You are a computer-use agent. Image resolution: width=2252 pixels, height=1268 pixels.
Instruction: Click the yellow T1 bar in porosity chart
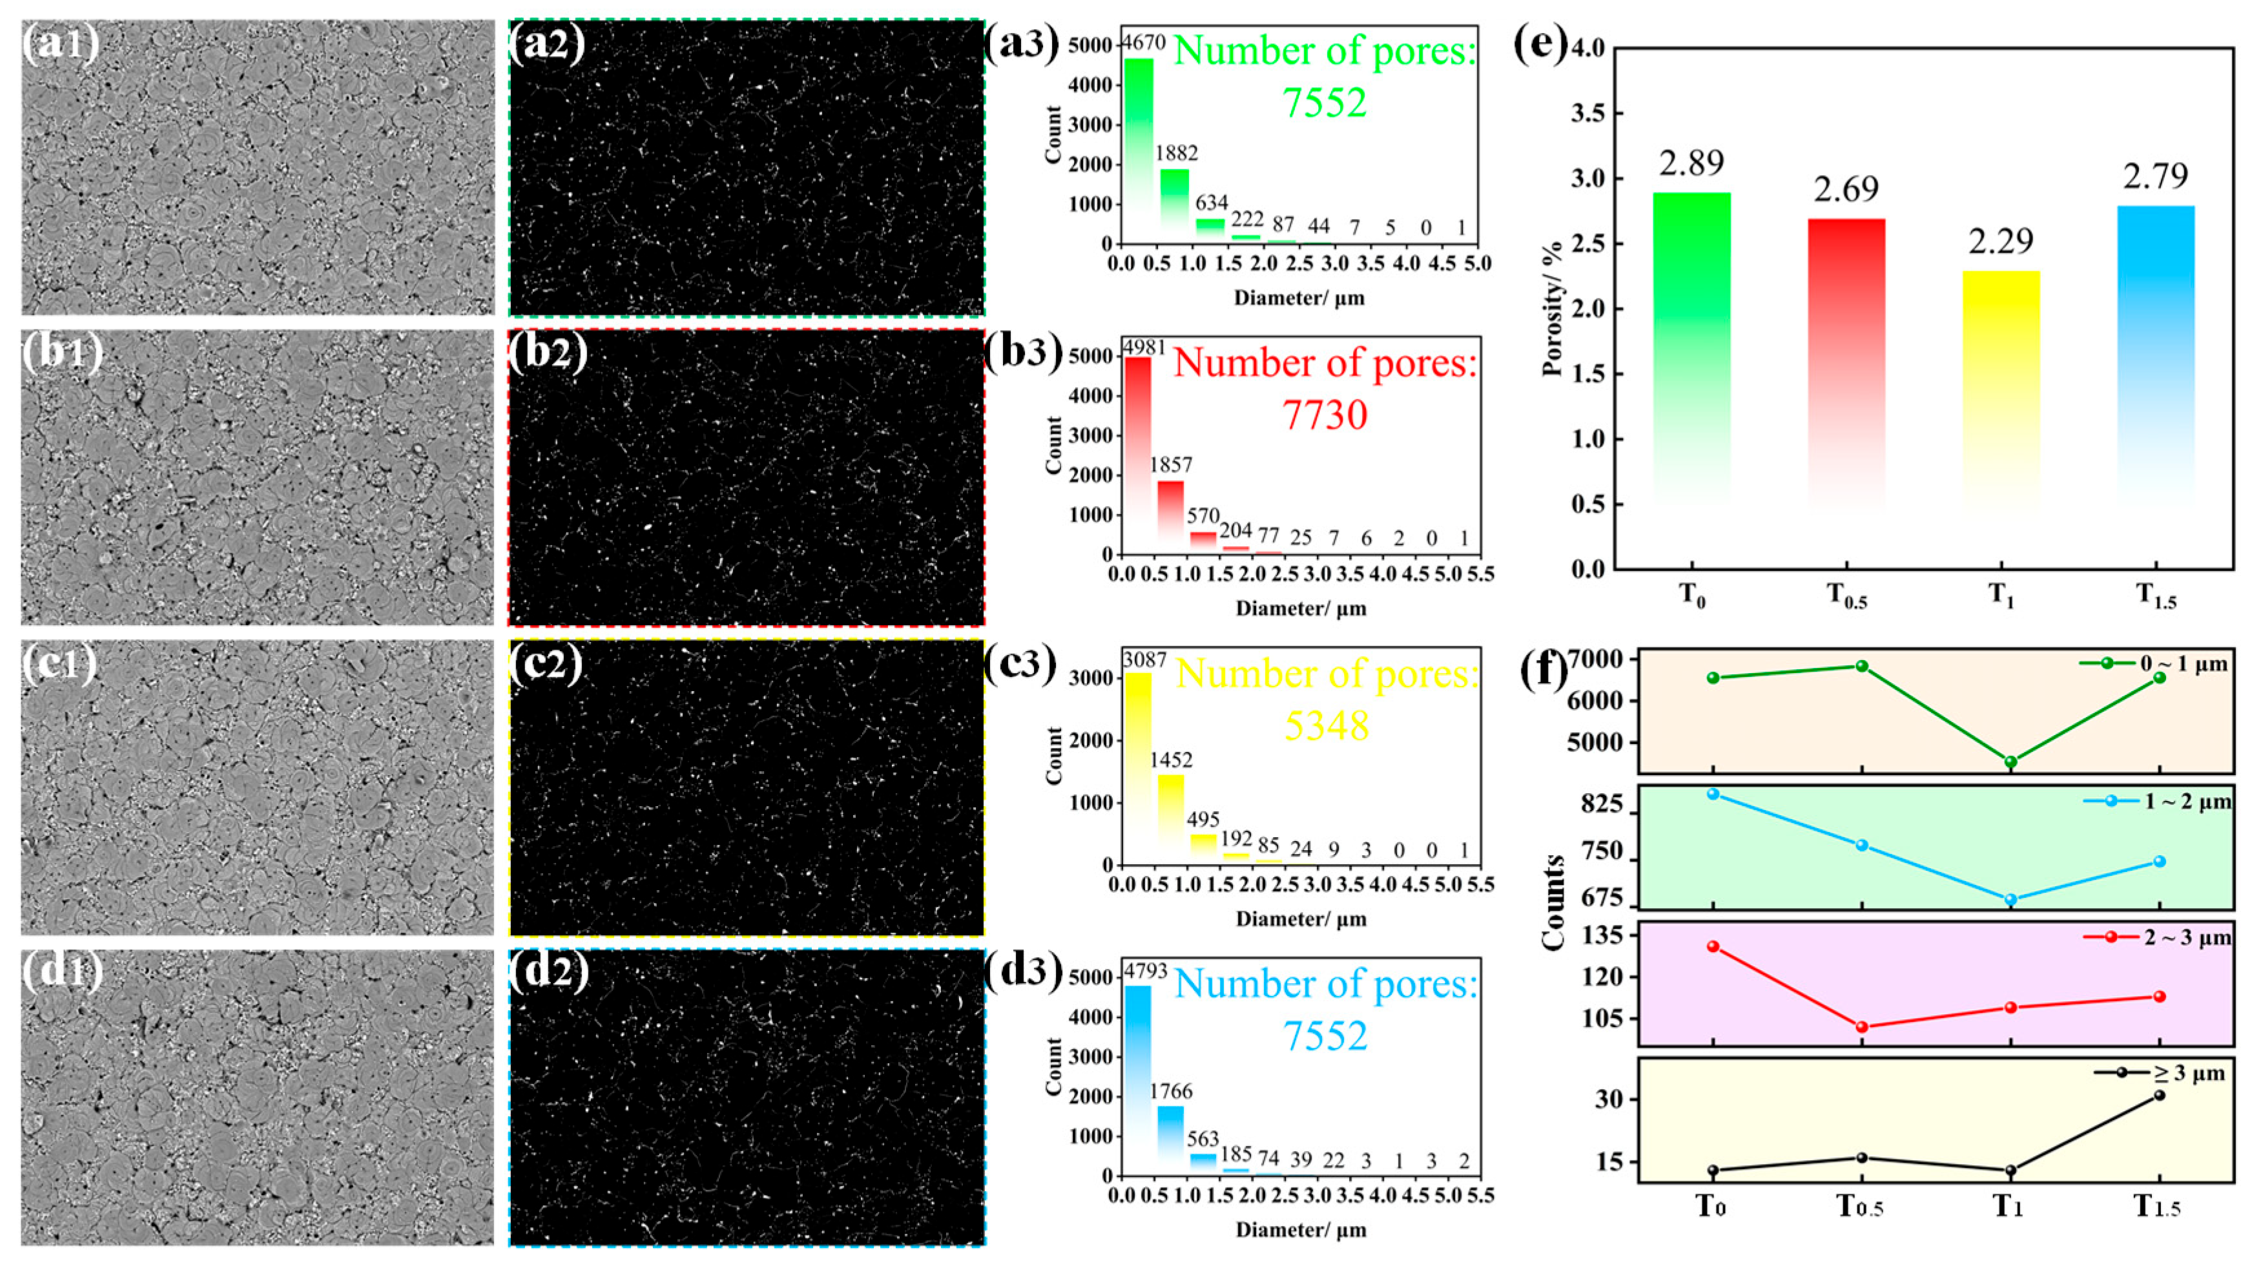pos(2001,393)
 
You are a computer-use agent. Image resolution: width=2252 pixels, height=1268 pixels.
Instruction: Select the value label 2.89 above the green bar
pos(1691,163)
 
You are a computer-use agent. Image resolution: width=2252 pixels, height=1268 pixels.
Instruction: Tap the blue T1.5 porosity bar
pos(2156,359)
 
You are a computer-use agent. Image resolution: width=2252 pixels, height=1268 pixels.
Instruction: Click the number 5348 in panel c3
pos(1326,725)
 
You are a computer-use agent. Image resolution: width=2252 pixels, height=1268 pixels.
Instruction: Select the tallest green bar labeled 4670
pos(1138,149)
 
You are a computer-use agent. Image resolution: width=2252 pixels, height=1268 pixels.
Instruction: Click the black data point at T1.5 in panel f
pos(2160,1095)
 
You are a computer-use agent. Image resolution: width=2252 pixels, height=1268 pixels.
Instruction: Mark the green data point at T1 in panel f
pos(2010,762)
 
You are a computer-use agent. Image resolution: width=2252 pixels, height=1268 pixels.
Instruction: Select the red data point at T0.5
pos(1862,1026)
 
